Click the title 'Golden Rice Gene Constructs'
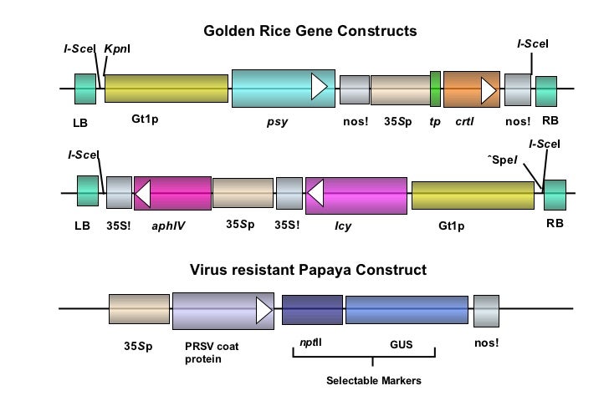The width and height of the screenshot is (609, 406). point(310,32)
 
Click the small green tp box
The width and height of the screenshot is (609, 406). point(435,89)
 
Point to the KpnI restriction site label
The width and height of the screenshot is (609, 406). point(116,48)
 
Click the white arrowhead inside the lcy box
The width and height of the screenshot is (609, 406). point(316,194)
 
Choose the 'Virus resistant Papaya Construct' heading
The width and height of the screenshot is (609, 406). point(308,271)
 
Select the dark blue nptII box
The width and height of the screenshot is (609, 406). point(312,310)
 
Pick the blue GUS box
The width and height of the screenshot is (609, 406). point(407,310)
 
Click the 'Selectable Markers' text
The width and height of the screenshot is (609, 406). point(373,381)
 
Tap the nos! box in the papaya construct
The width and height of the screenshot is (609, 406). point(486,310)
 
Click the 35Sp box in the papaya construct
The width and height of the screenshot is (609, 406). point(139,309)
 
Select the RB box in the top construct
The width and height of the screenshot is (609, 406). point(546,90)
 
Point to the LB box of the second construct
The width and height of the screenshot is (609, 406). point(88,190)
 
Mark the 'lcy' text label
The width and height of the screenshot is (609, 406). point(342,225)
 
